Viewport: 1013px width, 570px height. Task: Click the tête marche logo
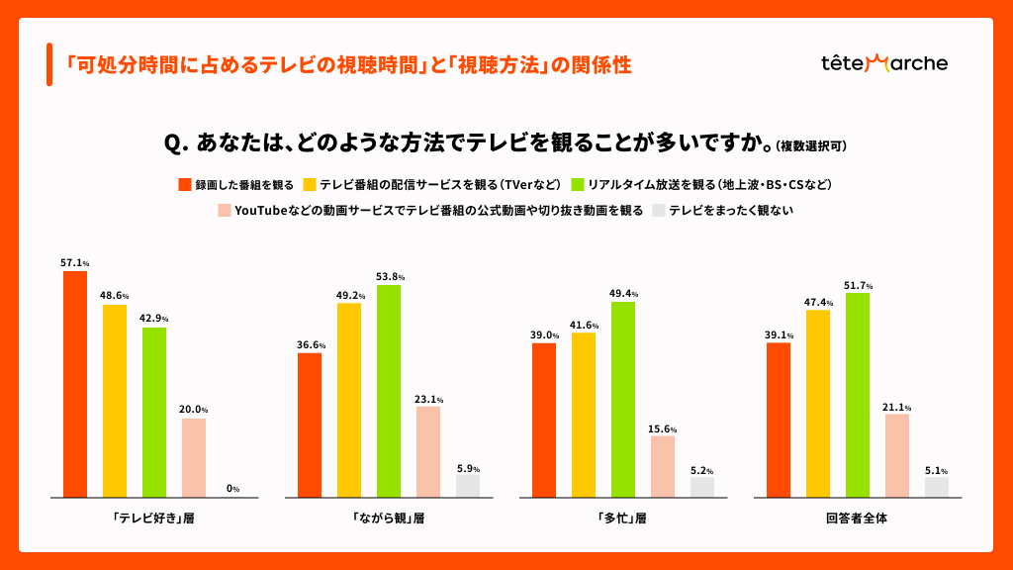click(883, 63)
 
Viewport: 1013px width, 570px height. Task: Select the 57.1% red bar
click(75, 384)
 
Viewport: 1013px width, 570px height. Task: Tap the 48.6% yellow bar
click(115, 401)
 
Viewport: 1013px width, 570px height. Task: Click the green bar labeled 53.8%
click(389, 391)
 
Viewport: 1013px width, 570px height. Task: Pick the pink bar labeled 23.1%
click(428, 451)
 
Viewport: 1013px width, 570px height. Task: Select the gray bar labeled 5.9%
click(468, 485)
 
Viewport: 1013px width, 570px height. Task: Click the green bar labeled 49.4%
click(623, 399)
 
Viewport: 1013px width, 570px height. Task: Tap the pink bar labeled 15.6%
click(663, 466)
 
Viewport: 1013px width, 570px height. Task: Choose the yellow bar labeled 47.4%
click(818, 403)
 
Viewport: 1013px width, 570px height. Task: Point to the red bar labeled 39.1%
click(779, 420)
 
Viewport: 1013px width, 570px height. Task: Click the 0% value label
click(233, 488)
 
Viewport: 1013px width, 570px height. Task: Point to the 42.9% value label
click(154, 319)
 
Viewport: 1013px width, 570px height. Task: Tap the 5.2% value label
click(702, 470)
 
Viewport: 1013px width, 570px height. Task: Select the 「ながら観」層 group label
click(388, 518)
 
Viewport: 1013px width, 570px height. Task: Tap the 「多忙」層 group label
click(623, 518)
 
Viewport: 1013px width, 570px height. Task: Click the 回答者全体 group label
click(857, 518)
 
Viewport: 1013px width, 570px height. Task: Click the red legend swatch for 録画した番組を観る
click(184, 184)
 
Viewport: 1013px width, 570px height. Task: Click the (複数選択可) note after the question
click(811, 145)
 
